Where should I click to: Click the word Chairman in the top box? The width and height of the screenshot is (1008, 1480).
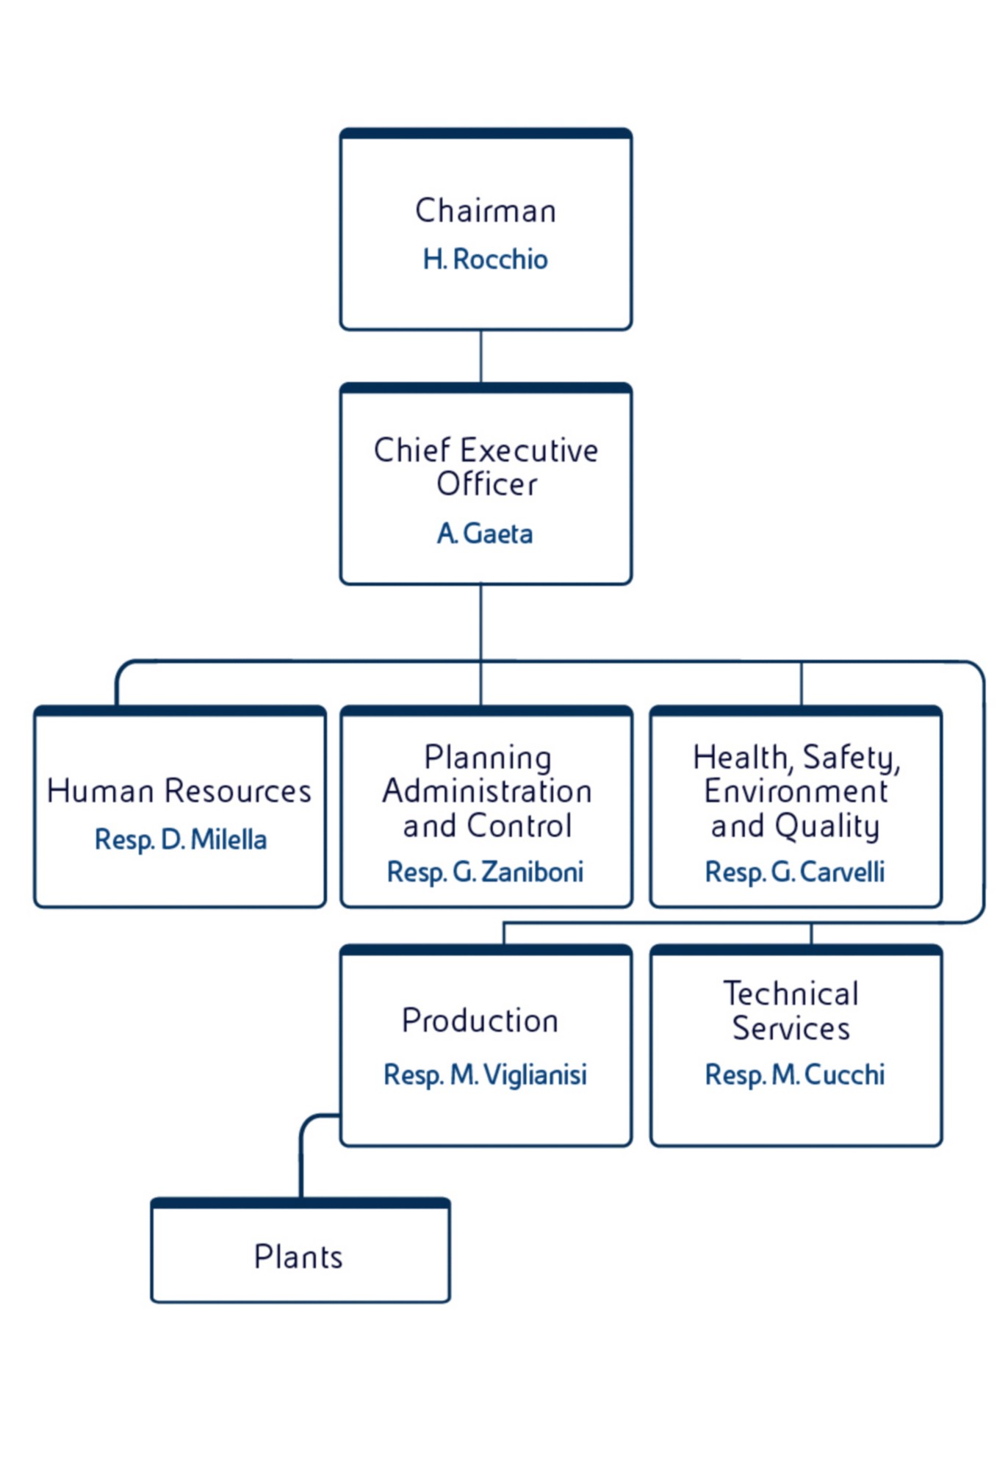point(485,211)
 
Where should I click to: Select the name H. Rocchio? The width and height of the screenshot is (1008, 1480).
point(485,259)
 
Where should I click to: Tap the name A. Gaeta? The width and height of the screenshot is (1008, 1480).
point(485,534)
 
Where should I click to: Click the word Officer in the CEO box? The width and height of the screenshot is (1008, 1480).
point(486,484)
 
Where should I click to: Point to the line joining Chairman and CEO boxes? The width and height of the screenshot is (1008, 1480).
point(480,356)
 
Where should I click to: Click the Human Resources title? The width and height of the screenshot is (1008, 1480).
point(179,791)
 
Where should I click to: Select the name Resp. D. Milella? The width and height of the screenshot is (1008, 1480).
point(181,839)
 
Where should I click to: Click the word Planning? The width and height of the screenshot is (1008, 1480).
point(488,758)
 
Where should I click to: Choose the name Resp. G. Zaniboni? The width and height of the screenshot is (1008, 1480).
point(485,872)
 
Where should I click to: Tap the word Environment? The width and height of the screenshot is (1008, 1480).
point(796,791)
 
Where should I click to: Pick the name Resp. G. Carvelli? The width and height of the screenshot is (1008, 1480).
point(795,872)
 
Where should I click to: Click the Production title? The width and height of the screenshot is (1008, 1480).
point(480,1021)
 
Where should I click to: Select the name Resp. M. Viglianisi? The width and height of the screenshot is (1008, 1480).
point(485,1075)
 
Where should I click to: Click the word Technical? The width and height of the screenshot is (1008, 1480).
point(791,994)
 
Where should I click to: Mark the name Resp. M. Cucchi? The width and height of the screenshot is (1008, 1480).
point(795,1075)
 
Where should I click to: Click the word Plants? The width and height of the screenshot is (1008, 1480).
point(298,1257)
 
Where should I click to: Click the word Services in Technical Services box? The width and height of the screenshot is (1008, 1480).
point(791,1028)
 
